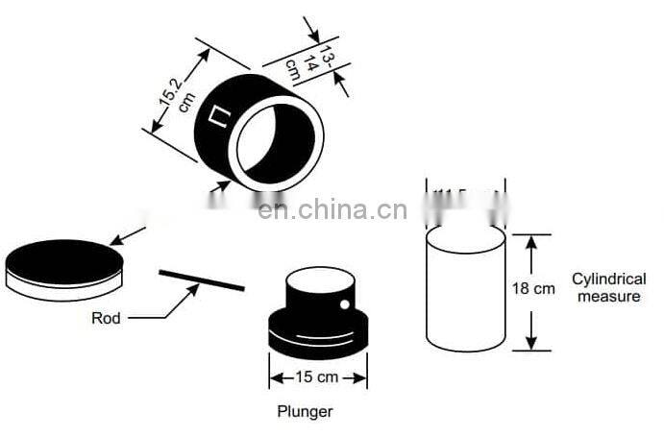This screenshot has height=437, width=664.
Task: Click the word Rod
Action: (x=106, y=318)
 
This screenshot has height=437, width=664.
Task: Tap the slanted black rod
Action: (x=201, y=279)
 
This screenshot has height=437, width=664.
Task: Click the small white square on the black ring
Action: (x=220, y=119)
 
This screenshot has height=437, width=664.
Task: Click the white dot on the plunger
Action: (x=343, y=304)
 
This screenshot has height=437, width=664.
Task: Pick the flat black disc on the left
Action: (x=64, y=260)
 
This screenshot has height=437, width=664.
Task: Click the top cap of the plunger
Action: (x=320, y=288)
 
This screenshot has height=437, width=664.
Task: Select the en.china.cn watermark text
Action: (x=332, y=208)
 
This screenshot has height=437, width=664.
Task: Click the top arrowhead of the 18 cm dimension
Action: (x=530, y=239)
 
